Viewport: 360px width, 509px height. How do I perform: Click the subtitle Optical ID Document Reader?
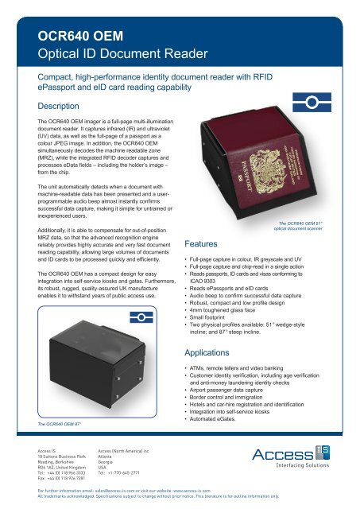pos(108,55)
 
